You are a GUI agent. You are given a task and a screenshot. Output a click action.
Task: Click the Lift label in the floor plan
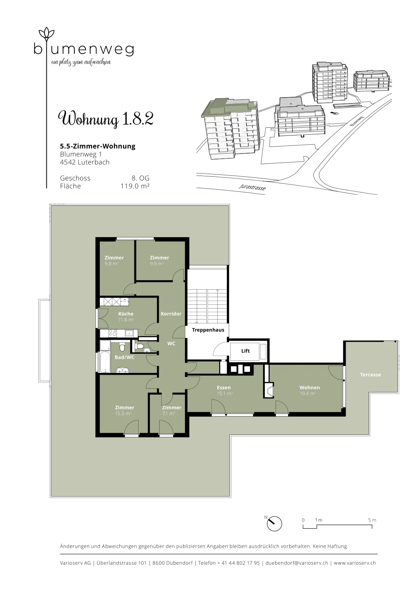(x=245, y=351)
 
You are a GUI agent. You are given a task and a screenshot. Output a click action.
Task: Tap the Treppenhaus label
(x=208, y=330)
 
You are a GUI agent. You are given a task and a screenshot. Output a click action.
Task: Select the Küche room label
(x=126, y=314)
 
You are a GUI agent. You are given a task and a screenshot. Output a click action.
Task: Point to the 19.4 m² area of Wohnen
(x=308, y=394)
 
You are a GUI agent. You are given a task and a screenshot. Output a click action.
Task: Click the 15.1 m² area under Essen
(x=225, y=394)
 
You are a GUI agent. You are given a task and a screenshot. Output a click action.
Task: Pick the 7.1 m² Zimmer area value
(x=169, y=413)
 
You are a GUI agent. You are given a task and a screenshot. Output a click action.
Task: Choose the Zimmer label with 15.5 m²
(x=125, y=408)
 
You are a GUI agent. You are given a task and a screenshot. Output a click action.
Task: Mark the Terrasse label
(x=371, y=375)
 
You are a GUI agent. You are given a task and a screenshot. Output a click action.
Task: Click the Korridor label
(x=171, y=314)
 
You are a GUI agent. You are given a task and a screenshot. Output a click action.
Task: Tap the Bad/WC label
(x=125, y=357)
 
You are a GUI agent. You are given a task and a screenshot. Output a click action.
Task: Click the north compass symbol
(x=274, y=524)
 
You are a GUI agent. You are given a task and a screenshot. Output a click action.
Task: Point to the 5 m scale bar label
(x=372, y=520)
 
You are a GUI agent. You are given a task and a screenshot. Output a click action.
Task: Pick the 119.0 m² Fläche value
(x=135, y=186)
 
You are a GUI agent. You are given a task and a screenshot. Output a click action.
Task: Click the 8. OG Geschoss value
(x=140, y=178)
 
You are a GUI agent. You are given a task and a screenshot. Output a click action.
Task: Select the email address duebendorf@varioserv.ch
(x=297, y=563)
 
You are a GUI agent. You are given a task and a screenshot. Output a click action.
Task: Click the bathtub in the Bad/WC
(x=105, y=363)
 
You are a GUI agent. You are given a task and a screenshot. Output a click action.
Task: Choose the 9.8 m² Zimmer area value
(x=112, y=264)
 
